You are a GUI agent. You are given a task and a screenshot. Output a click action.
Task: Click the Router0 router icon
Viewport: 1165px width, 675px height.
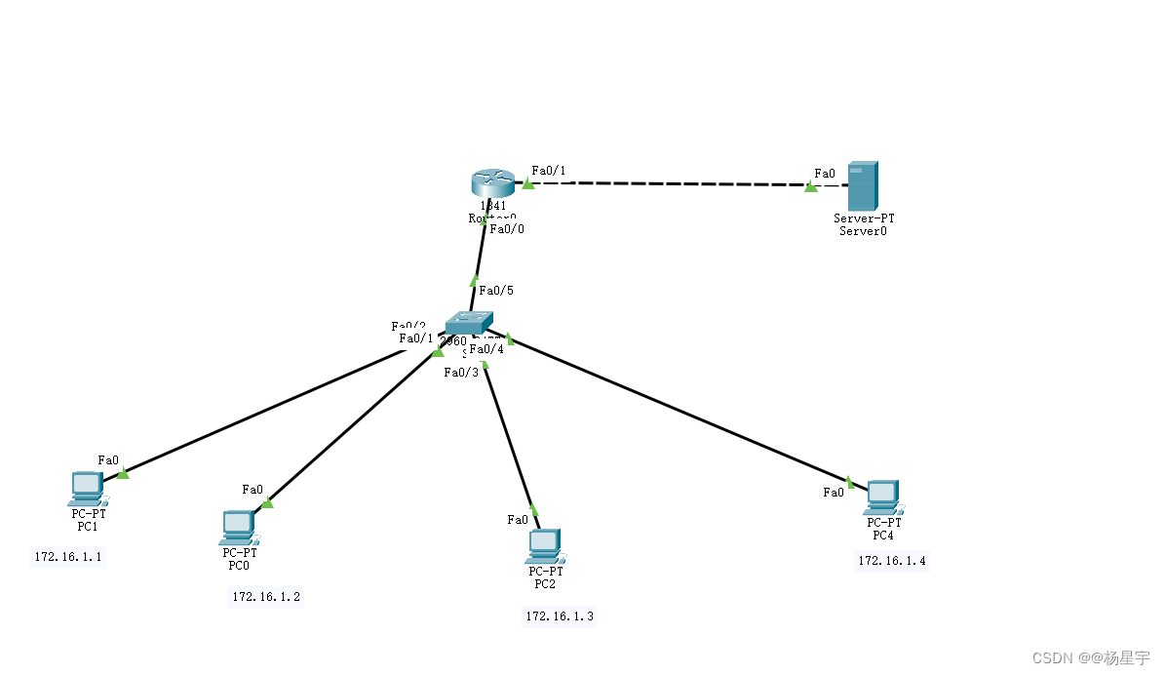[x=492, y=183]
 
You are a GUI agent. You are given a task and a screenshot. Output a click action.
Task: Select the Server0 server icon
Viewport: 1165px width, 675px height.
[x=863, y=185]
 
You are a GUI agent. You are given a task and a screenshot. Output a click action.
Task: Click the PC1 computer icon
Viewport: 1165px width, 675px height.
[x=87, y=486]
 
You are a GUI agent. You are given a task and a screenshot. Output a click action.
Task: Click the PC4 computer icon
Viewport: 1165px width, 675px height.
[x=882, y=496]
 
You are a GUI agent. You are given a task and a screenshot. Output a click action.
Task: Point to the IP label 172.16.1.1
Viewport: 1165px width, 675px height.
[x=68, y=557]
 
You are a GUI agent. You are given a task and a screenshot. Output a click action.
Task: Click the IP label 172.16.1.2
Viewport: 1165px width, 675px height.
[x=266, y=596]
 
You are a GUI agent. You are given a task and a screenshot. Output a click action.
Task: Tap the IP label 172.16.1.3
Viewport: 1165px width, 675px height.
[x=560, y=615]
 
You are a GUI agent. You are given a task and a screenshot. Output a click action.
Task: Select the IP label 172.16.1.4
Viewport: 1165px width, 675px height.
[x=892, y=560]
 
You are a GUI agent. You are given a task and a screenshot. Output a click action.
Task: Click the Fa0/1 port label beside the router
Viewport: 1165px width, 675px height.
[x=549, y=171]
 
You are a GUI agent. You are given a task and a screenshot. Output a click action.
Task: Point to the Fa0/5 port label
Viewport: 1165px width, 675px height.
[x=495, y=291]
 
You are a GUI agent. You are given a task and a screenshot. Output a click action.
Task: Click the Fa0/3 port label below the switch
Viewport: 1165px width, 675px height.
[x=461, y=372]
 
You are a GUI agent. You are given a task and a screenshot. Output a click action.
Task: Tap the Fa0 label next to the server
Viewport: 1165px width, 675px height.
[x=825, y=174]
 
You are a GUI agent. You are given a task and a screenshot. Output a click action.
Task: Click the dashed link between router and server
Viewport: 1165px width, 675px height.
[x=673, y=183]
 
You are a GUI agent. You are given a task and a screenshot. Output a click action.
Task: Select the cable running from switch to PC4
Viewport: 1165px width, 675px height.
[x=682, y=410]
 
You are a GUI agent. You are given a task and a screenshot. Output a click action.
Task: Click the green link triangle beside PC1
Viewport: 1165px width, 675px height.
[x=122, y=473]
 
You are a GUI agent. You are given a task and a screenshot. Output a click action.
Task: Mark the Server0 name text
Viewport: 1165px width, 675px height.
[x=863, y=231]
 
